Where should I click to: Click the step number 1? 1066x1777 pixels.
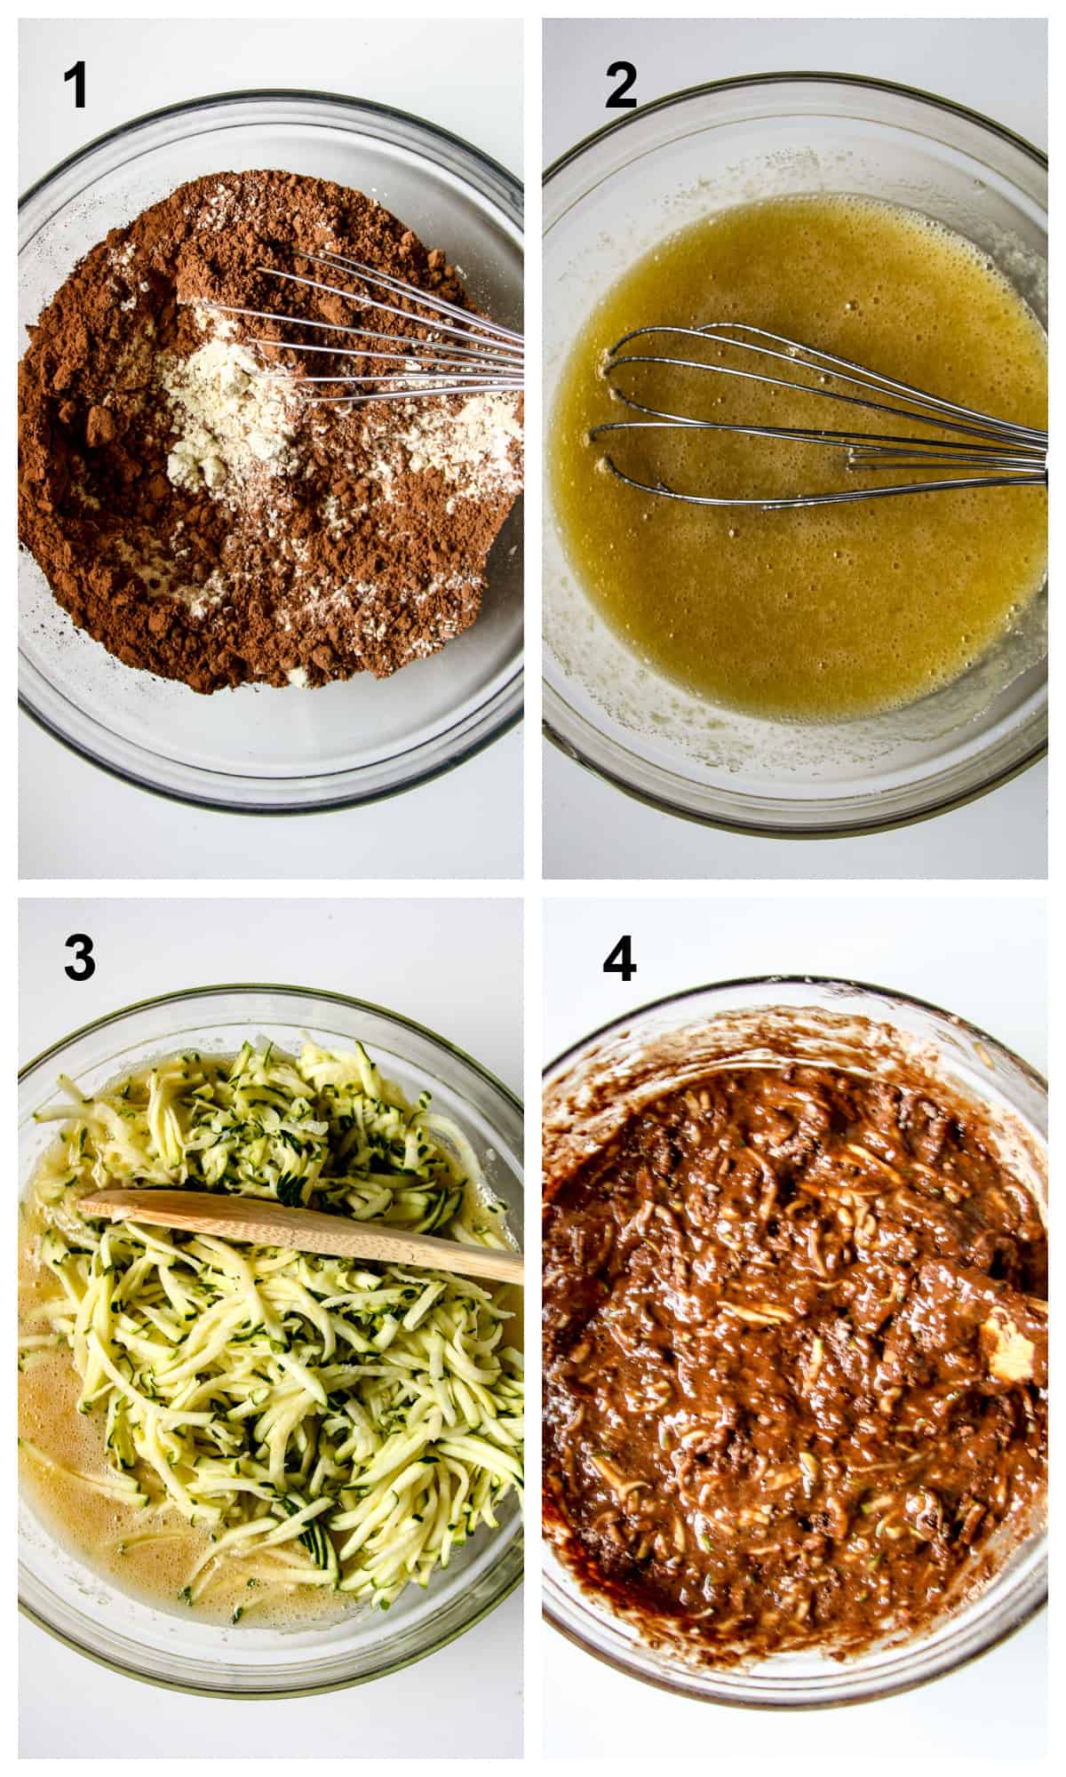pos(76,87)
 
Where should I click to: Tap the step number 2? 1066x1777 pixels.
pos(621,87)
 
